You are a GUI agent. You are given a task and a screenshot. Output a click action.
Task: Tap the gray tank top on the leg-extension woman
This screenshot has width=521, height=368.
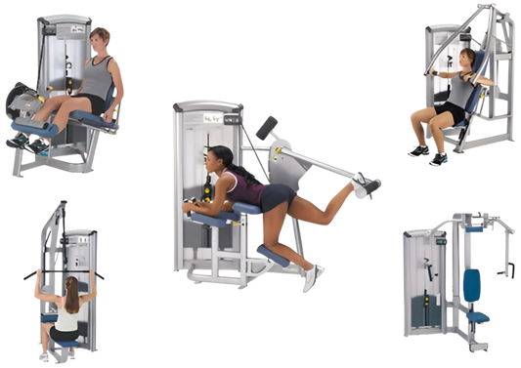96,78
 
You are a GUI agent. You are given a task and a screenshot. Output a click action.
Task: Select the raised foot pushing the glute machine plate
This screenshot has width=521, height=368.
365,186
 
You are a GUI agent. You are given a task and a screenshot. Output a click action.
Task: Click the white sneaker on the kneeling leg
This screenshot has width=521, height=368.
312,277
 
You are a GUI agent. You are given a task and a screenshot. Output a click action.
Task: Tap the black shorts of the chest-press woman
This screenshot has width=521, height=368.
452,114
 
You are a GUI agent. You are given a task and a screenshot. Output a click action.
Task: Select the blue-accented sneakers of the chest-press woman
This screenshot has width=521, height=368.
427,152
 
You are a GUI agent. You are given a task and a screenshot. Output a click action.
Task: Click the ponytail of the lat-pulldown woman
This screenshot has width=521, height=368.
70,293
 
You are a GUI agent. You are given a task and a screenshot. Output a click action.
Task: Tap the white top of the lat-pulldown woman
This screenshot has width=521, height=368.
67,316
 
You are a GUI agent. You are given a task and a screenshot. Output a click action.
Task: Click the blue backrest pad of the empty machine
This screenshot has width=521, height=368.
473,286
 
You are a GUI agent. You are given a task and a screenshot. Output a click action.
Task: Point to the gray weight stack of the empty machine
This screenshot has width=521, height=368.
423,283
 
